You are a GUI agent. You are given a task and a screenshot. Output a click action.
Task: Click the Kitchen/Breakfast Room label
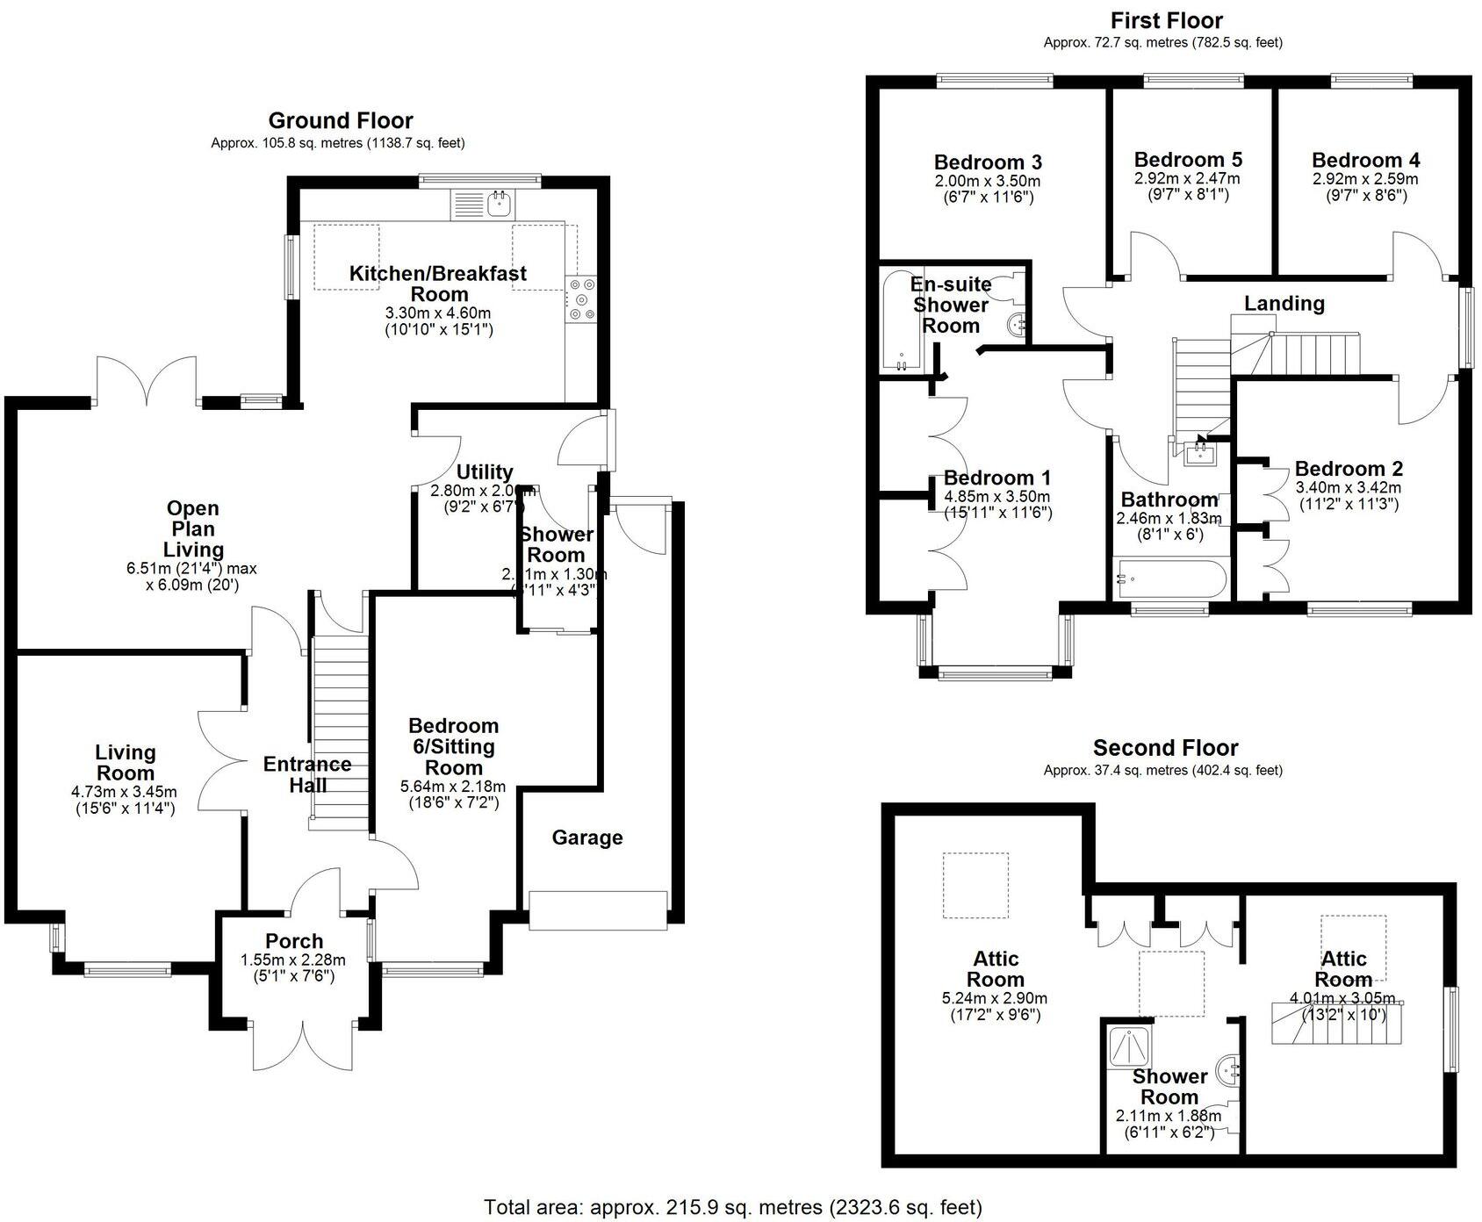(438, 283)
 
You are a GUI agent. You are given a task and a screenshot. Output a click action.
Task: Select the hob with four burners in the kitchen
(580, 298)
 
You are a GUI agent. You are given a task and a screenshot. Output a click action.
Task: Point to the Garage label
(587, 837)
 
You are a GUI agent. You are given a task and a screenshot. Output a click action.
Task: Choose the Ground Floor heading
(341, 121)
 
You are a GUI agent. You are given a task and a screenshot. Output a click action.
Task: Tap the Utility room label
(485, 472)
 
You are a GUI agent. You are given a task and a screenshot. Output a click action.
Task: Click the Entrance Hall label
(307, 774)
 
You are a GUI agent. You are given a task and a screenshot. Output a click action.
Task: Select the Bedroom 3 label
(988, 162)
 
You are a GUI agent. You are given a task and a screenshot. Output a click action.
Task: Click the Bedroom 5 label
(1188, 160)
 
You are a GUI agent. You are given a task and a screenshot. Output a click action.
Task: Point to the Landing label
(1284, 304)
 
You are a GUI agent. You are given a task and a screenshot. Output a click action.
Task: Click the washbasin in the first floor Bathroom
(1199, 454)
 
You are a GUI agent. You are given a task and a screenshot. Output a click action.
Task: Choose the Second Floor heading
(1165, 748)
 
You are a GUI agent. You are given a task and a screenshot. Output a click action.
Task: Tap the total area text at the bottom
(733, 1208)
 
